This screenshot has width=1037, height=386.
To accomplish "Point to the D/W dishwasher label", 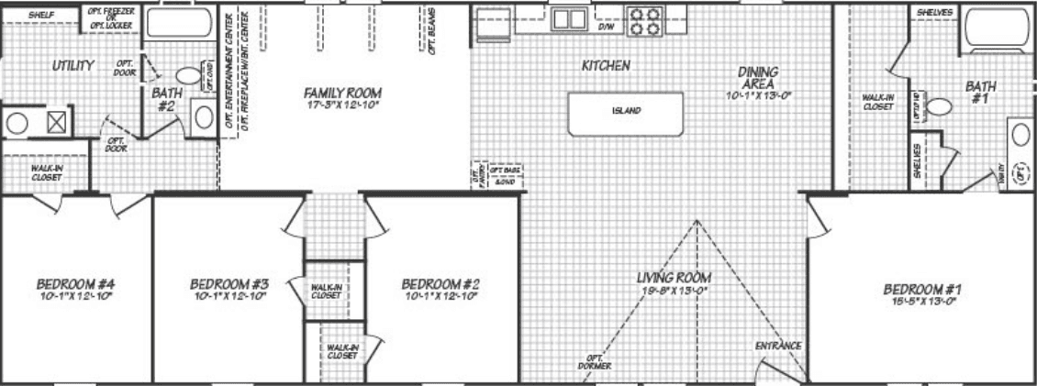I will pos(606,28).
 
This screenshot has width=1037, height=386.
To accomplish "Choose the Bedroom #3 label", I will pos(228,283).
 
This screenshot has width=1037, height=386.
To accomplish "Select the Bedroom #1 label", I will pos(924,289).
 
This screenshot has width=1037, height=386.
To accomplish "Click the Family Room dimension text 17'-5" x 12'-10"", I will pos(342,105).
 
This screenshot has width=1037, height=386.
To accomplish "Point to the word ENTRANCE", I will pos(778,347).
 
